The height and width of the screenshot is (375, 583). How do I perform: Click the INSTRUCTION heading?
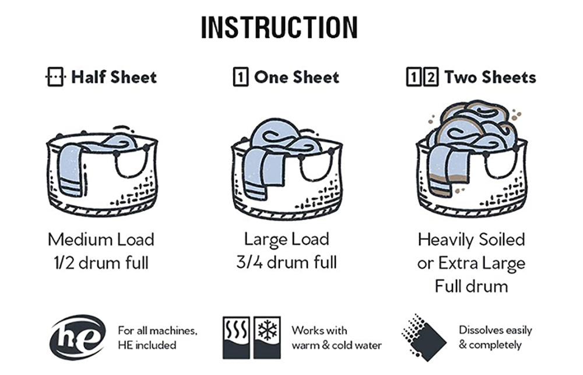(x=279, y=27)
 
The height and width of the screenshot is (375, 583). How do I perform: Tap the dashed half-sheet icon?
(x=55, y=77)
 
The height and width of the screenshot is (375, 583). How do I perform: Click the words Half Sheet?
(x=114, y=77)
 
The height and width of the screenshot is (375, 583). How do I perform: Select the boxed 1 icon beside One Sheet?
(x=240, y=77)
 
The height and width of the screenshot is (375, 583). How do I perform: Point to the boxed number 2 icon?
(x=431, y=77)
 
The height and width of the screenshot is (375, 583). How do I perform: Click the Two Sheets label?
(x=490, y=77)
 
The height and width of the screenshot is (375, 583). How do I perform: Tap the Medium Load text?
(x=101, y=239)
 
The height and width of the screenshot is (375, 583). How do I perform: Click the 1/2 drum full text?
(x=101, y=262)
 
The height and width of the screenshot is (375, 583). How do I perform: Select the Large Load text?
(x=287, y=239)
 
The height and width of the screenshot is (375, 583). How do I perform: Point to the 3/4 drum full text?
(x=287, y=262)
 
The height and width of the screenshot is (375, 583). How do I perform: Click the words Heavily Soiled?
(x=472, y=240)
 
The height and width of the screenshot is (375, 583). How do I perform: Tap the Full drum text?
(x=472, y=286)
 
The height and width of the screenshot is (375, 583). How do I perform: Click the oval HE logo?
(x=78, y=338)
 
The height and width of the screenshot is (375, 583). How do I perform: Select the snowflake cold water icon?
(x=267, y=338)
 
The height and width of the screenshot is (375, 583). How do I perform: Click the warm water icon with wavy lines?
(x=236, y=338)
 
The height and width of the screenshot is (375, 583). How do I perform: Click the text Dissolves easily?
(x=495, y=330)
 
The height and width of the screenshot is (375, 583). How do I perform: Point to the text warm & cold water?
(x=337, y=346)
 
